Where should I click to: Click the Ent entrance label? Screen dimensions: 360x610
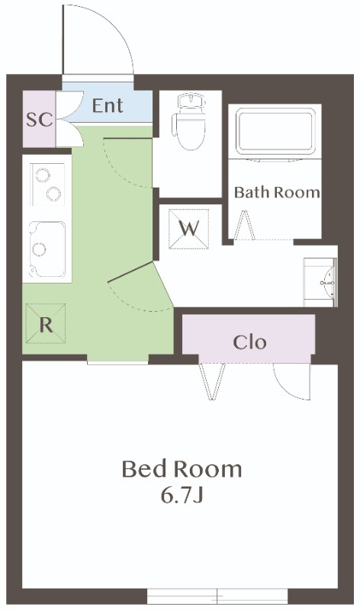click(108, 105)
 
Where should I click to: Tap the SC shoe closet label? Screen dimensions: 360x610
click(40, 120)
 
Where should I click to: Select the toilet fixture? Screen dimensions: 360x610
click(190, 121)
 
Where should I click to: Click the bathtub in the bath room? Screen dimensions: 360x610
click(275, 132)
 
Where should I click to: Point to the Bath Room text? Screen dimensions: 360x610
click(277, 192)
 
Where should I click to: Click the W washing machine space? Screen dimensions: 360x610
click(188, 229)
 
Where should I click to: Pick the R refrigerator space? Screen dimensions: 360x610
click(46, 323)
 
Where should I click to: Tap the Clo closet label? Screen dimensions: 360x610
click(249, 342)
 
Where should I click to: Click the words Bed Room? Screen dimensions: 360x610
click(182, 469)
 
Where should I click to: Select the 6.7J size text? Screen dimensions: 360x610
click(182, 494)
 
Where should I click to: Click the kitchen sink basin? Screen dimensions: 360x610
click(47, 249)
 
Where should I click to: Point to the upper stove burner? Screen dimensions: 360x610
click(43, 175)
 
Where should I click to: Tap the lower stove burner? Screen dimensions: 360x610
click(53, 194)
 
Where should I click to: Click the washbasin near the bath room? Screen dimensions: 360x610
click(320, 282)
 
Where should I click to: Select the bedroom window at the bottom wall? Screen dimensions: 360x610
click(217, 596)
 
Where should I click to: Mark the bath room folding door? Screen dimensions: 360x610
click(245, 226)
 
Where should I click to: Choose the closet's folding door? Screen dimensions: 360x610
click(212, 382)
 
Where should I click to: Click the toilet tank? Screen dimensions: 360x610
click(191, 100)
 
